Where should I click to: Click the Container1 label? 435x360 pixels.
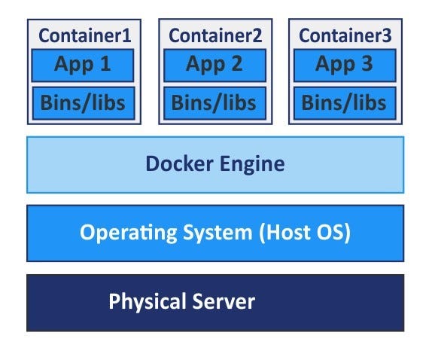coord(84,35)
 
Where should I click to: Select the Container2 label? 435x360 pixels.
coord(214,35)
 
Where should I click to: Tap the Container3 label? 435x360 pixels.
coord(345,35)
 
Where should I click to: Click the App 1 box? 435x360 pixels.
coord(84,65)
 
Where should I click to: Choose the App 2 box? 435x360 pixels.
coord(214,65)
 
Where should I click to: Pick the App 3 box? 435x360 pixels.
coord(345,65)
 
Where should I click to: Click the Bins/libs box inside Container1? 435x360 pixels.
coord(84,102)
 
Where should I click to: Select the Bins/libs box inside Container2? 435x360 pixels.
coord(214,102)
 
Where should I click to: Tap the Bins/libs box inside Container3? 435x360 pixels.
coord(345,102)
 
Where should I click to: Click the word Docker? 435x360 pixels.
coord(178,164)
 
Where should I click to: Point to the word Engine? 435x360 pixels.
coord(250,164)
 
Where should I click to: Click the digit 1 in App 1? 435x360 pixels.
coord(105,65)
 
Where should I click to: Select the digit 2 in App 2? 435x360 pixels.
coord(236,65)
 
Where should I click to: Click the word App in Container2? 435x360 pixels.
coord(204,65)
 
